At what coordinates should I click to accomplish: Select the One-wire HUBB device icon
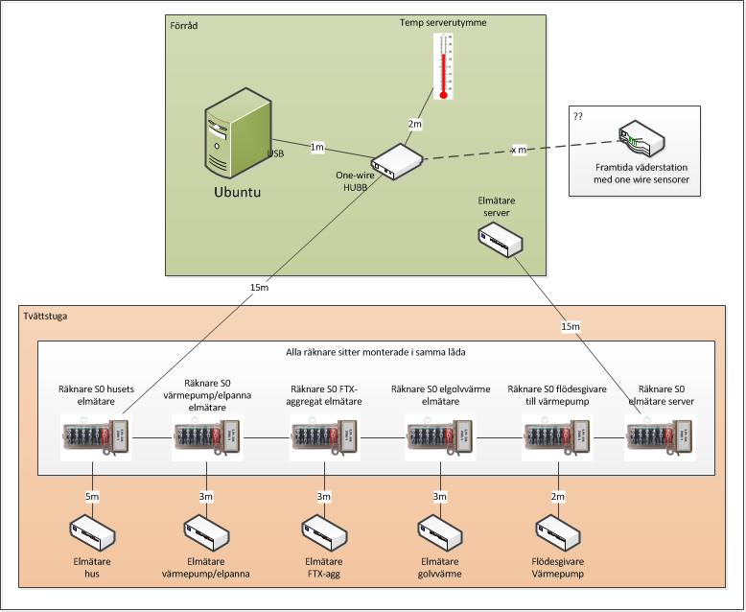coord(396,162)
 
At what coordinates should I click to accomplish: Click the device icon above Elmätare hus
coord(92,532)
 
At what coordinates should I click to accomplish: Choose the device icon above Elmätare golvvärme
coord(440,532)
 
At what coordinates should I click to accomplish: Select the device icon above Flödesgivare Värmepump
coord(557,532)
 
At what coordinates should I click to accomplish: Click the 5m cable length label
coord(92,496)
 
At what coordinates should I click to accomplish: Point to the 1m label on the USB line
coord(317,147)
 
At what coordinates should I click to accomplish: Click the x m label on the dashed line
coord(517,151)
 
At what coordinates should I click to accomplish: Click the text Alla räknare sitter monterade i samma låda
coord(376,352)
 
